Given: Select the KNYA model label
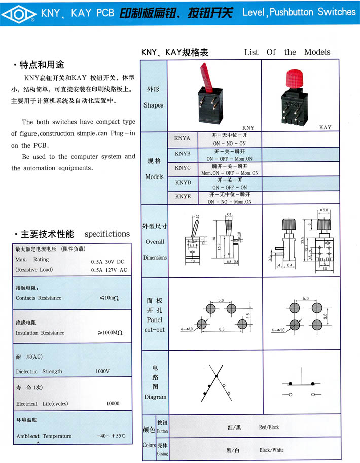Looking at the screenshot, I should click(x=183, y=138).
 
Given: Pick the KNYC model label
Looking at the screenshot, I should click(x=183, y=167).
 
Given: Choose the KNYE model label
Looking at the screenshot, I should click(x=183, y=196).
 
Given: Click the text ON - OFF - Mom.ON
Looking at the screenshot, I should click(x=229, y=159).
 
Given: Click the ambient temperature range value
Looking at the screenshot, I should click(x=111, y=436).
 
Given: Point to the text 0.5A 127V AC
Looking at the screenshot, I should click(x=109, y=270).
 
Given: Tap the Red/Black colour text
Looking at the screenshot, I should click(x=268, y=427).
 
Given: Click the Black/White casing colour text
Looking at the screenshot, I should click(x=271, y=450).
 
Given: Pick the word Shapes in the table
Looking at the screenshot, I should click(x=153, y=105).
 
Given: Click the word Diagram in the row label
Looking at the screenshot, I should click(x=155, y=397).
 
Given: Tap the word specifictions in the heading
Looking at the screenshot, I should click(x=107, y=234).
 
